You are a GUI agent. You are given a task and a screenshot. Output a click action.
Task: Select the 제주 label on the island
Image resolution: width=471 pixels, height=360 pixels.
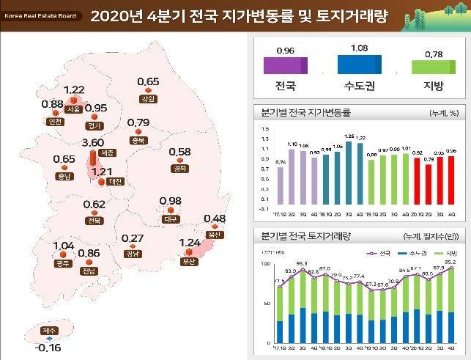pyautogui.click(x=49, y=331)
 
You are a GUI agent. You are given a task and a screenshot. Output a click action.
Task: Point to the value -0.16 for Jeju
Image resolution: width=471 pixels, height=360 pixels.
pyautogui.click(x=48, y=347)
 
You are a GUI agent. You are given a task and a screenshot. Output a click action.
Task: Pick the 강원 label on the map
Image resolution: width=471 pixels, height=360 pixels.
pyautogui.click(x=147, y=99)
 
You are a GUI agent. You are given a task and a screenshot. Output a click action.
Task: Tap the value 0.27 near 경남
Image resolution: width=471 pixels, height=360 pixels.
pyautogui.click(x=133, y=238)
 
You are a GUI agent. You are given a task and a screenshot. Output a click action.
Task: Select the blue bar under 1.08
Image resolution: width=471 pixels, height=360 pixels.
pyautogui.click(x=360, y=65)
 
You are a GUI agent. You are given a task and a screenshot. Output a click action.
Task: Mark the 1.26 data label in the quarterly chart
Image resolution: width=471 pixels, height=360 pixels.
pyautogui.click(x=349, y=136)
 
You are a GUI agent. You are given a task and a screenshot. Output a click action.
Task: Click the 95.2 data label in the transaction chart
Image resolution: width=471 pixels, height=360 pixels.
pyautogui.click(x=450, y=262)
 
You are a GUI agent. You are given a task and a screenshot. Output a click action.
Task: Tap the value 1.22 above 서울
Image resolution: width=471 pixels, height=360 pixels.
pyautogui.click(x=74, y=90)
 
